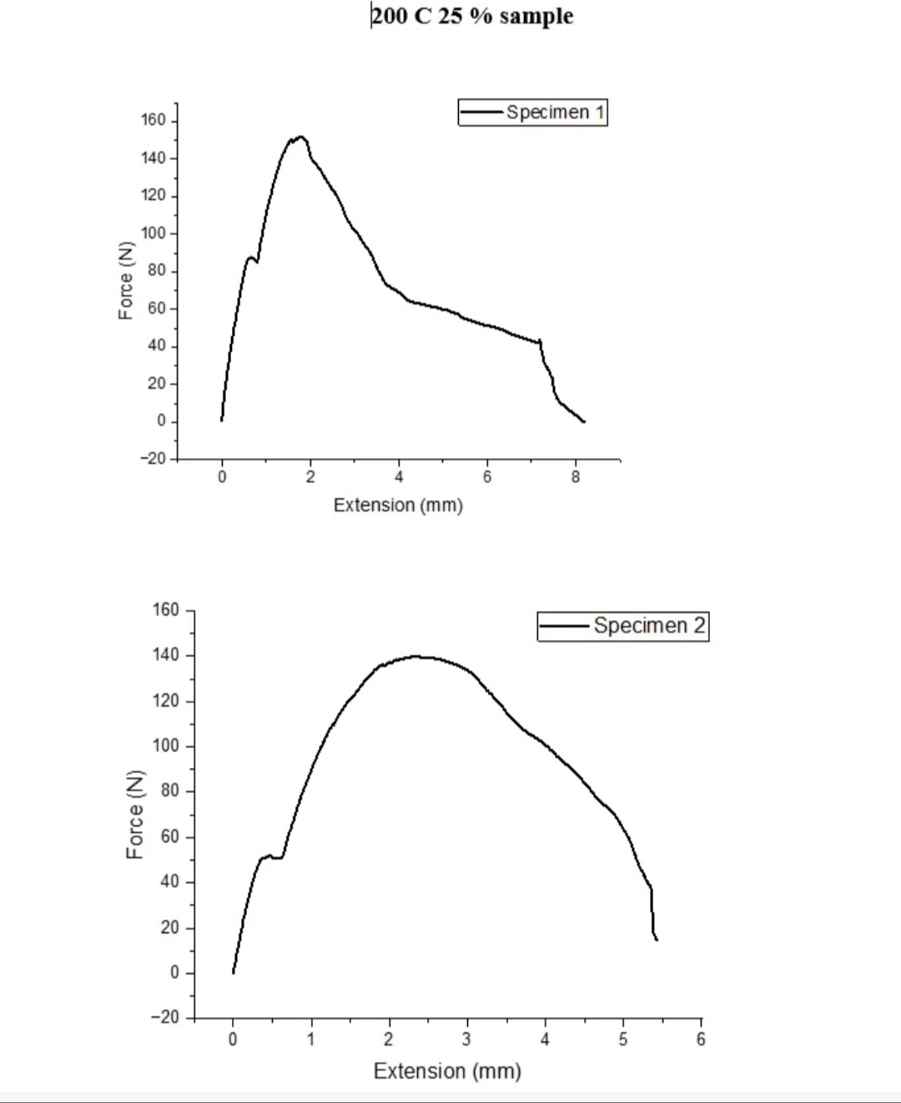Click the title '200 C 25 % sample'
[472, 17]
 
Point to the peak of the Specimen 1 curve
[300, 137]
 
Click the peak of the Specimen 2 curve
[415, 657]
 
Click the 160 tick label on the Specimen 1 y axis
[154, 120]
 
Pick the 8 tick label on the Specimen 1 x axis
[576, 477]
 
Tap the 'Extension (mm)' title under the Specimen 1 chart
[398, 505]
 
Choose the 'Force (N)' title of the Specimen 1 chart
[125, 280]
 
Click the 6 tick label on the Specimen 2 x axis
[701, 1039]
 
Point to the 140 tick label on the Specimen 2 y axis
[166, 655]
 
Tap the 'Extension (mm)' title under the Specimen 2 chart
[447, 1070]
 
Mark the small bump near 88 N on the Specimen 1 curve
[249, 258]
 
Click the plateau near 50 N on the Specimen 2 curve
[270, 857]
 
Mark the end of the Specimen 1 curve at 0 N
[584, 421]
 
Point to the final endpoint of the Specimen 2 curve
[657, 939]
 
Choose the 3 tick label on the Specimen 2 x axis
[466, 1039]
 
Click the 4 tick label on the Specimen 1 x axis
[399, 477]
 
